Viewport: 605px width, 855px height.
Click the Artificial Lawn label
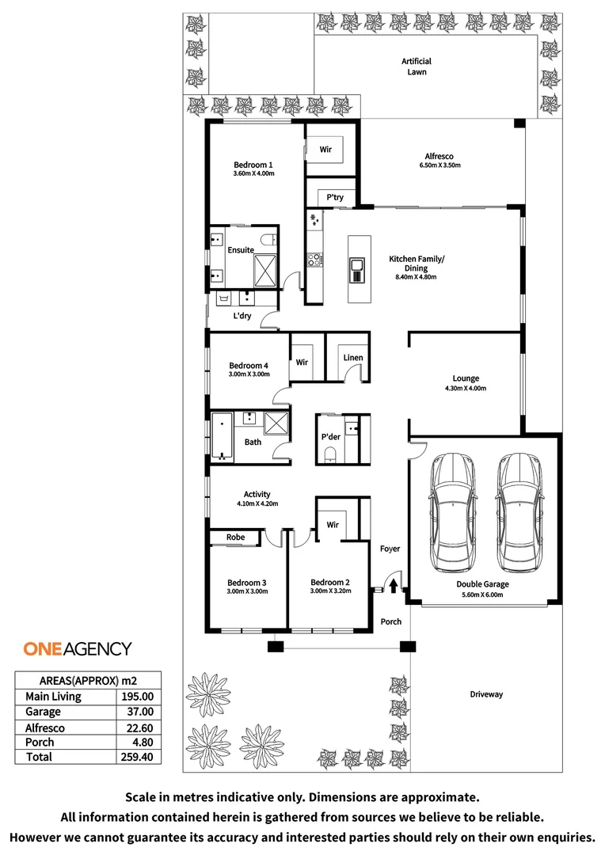pyautogui.click(x=417, y=66)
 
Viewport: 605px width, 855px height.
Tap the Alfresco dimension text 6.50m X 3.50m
pyautogui.click(x=439, y=165)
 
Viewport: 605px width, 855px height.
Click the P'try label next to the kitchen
pyautogui.click(x=331, y=197)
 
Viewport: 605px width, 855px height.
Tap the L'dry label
pyautogui.click(x=242, y=316)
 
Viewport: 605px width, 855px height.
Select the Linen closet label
pyautogui.click(x=353, y=358)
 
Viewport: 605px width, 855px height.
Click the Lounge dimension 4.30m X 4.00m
pyautogui.click(x=466, y=389)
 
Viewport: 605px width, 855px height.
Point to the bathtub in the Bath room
pyautogui.click(x=222, y=435)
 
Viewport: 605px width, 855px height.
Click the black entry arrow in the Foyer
pyautogui.click(x=393, y=585)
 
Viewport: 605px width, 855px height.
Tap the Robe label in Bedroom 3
pyautogui.click(x=235, y=538)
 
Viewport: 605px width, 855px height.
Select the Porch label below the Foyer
pyautogui.click(x=391, y=621)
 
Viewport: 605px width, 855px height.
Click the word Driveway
pyautogui.click(x=486, y=694)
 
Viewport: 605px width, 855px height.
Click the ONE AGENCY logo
pyautogui.click(x=78, y=649)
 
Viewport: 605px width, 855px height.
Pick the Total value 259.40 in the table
pyautogui.click(x=136, y=757)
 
